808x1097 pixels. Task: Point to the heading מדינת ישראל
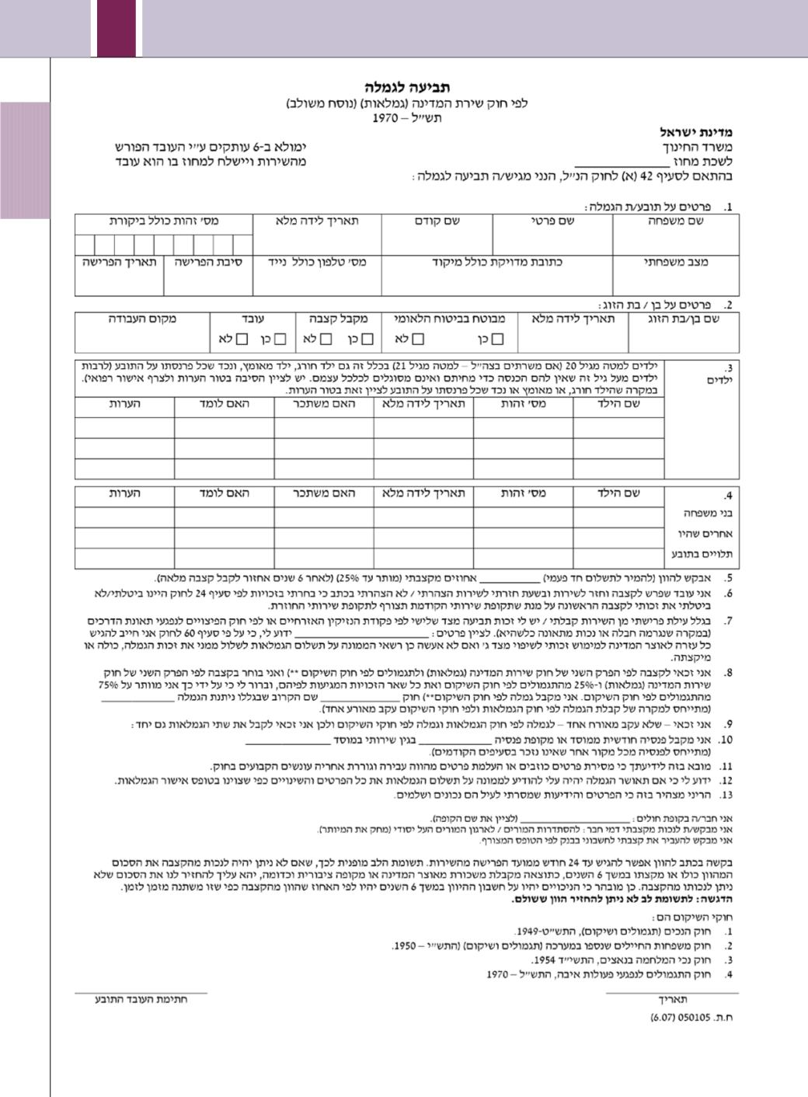point(696,132)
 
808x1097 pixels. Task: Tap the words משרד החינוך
point(698,147)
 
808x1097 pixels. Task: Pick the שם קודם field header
point(437,221)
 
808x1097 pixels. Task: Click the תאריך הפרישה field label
point(120,263)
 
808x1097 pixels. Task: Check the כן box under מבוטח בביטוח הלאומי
point(497,339)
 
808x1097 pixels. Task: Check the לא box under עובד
point(242,339)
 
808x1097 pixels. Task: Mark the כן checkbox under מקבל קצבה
point(367,339)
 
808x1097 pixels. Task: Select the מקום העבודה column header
point(142,319)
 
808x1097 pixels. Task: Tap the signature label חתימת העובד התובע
point(141,999)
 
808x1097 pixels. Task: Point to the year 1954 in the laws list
point(549,960)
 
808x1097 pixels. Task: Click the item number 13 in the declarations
point(726,796)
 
